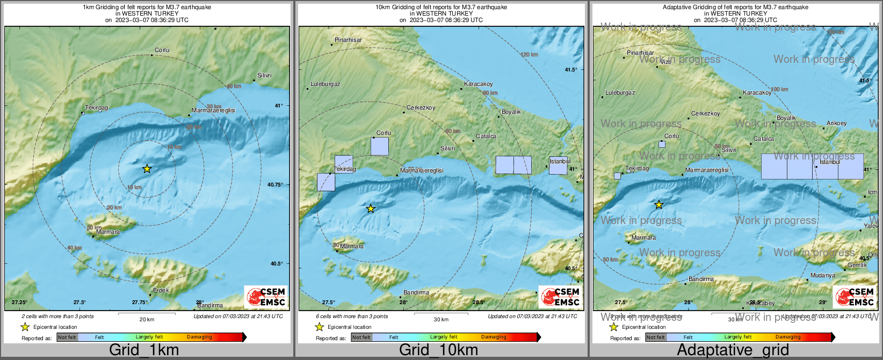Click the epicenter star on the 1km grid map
click(x=147, y=169)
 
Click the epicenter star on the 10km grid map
click(x=371, y=208)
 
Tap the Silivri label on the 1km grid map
click(x=264, y=76)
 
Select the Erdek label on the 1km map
click(x=161, y=290)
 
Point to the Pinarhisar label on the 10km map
click(x=348, y=40)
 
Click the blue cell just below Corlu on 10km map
click(x=380, y=146)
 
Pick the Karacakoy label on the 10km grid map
click(x=478, y=84)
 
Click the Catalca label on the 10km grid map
click(x=486, y=136)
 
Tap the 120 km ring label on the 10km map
click(x=529, y=55)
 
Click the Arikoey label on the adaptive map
click(x=836, y=124)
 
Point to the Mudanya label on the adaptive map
click(x=823, y=276)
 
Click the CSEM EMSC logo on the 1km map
click(x=266, y=297)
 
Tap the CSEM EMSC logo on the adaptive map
click(x=855, y=297)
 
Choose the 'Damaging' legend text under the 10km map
click(x=494, y=337)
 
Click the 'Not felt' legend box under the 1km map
click(x=67, y=337)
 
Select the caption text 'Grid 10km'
click(x=438, y=350)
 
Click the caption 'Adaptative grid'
click(x=733, y=350)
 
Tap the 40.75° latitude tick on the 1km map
click(x=275, y=185)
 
